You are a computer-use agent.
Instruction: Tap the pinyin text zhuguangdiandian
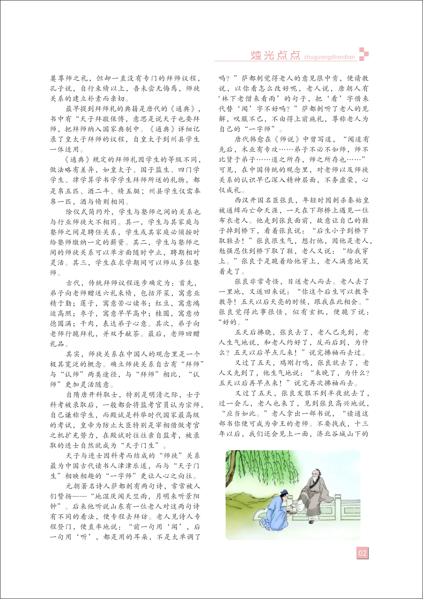pyautogui.click(x=329, y=57)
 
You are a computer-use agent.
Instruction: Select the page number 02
pyautogui.click(x=362, y=553)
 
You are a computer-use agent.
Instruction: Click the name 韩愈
pyautogui.click(x=257, y=139)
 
